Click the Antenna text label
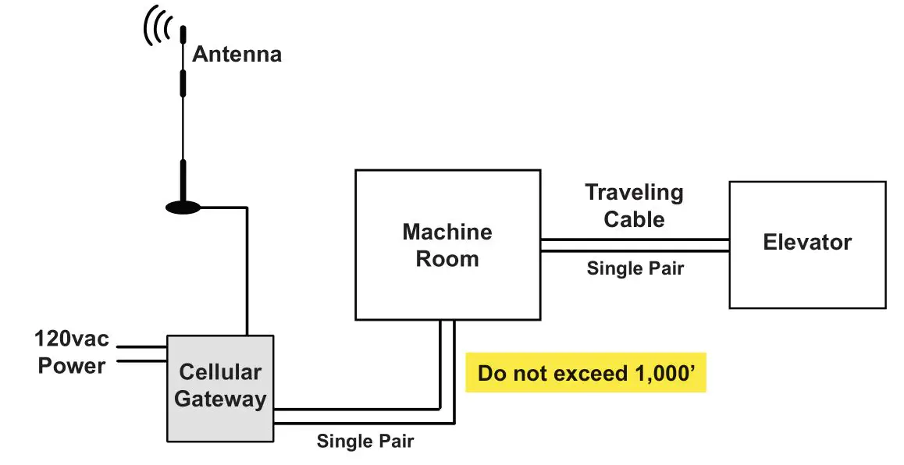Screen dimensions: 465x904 237,55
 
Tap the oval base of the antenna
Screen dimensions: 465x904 183,208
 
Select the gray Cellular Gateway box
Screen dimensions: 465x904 219,387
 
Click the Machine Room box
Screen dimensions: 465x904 447,245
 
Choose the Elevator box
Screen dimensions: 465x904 807,244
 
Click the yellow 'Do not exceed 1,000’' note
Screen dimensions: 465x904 585,373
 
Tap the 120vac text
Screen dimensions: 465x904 72,340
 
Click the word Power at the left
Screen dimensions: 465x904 72,365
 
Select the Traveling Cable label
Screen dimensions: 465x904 634,205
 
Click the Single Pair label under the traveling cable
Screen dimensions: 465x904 635,268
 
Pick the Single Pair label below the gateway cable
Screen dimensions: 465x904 365,441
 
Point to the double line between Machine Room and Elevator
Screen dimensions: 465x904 634,245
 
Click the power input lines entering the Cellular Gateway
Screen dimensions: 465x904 141,353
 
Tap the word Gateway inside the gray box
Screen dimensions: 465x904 220,399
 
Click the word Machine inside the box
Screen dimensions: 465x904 447,232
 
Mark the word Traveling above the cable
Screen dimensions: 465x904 634,193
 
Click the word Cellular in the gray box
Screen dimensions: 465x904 220,373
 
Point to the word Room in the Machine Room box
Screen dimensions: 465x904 447,259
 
